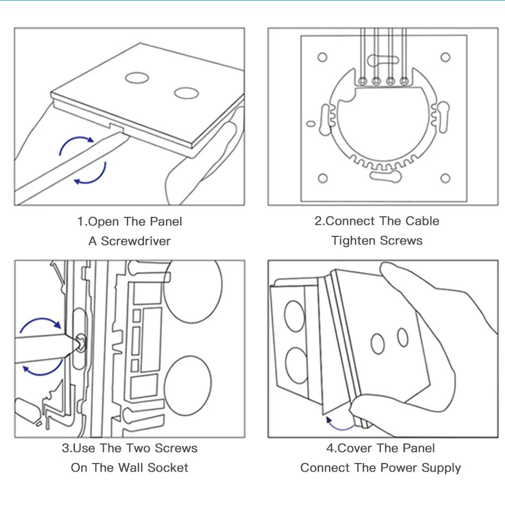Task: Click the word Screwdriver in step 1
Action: point(136,241)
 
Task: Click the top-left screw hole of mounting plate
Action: point(323,57)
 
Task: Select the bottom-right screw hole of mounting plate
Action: point(445,178)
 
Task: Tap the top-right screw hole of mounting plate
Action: point(445,57)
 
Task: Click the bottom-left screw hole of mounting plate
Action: point(323,178)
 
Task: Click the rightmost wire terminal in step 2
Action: point(403,82)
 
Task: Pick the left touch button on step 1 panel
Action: point(136,78)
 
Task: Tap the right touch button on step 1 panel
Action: point(186,93)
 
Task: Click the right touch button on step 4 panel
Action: point(402,337)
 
